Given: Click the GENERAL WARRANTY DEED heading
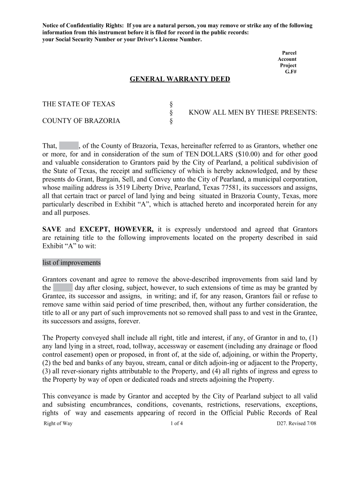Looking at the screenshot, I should pyautogui.click(x=180, y=79).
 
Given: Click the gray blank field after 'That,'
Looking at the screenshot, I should pyautogui.click(x=69, y=146).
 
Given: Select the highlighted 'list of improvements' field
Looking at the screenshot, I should pyautogui.click(x=72, y=262).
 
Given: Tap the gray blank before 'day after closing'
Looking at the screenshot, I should pyautogui.click(x=63, y=288).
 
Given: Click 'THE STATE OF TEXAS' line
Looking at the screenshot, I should pyautogui.click(x=79, y=104).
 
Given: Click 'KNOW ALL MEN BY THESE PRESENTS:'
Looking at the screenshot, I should pyautogui.click(x=253, y=112).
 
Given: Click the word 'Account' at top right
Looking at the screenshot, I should pyautogui.click(x=287, y=59).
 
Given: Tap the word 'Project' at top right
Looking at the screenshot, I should pyautogui.click(x=288, y=65).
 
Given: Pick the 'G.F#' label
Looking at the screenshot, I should pyautogui.click(x=291, y=72).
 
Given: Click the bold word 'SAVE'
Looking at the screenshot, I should pyautogui.click(x=52, y=229).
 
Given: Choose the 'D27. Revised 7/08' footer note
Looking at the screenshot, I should pyautogui.click(x=296, y=423).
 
